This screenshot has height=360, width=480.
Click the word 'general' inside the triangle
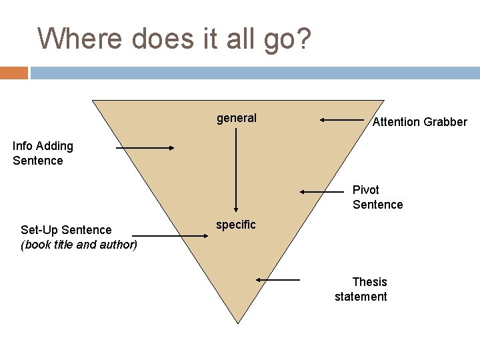[x=236, y=118]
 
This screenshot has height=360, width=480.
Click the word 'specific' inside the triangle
[x=235, y=225]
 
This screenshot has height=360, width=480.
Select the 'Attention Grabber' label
[x=419, y=122]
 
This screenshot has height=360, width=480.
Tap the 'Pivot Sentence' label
[x=377, y=197]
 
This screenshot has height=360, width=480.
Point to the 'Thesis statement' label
[x=361, y=289]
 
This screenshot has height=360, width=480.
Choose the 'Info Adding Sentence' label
[x=43, y=153]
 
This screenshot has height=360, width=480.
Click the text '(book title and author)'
[x=79, y=245]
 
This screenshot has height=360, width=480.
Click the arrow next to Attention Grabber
[x=341, y=120]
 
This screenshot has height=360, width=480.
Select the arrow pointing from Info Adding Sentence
[x=145, y=148]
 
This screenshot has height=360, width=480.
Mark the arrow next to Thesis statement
[x=278, y=280]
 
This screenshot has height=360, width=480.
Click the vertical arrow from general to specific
[x=235, y=170]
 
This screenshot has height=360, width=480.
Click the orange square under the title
[x=14, y=73]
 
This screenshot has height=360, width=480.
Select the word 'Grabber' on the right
[x=446, y=122]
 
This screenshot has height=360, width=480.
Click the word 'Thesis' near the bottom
[x=369, y=282]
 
